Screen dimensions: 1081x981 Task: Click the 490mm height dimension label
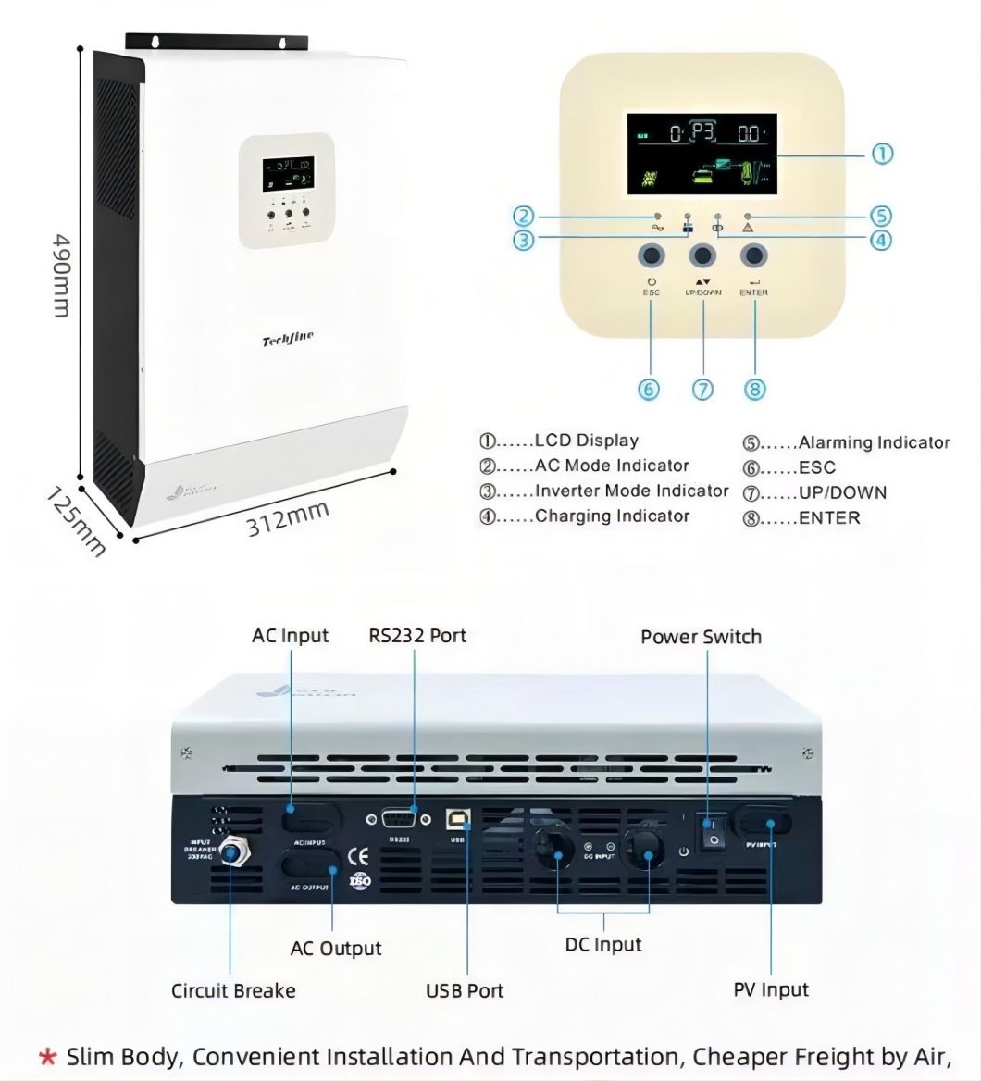click(x=59, y=274)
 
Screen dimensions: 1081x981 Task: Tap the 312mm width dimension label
click(x=288, y=518)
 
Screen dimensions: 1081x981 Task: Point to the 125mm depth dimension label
click(x=77, y=523)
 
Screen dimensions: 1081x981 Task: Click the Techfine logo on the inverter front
click(x=288, y=341)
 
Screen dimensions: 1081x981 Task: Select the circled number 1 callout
click(x=883, y=154)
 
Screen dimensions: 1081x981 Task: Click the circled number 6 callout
click(x=650, y=389)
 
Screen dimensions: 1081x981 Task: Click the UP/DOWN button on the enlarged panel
click(x=702, y=255)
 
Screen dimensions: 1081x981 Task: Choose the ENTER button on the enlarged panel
click(x=755, y=255)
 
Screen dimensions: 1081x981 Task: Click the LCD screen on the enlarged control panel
click(x=702, y=154)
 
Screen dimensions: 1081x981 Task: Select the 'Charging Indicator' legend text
click(x=612, y=516)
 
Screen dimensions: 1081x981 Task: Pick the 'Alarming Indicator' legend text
click(x=874, y=442)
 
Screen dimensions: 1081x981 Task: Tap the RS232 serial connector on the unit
click(x=399, y=819)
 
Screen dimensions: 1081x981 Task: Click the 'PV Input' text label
click(x=771, y=989)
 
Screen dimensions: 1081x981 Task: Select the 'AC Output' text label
click(x=335, y=949)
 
